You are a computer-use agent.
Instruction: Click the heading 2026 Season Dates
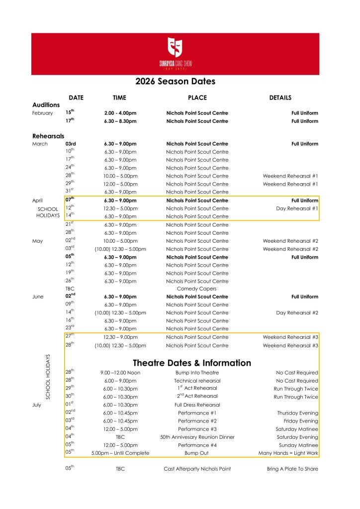coord(176,81)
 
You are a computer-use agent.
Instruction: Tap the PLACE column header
coord(197,98)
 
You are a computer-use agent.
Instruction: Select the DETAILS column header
coord(280,98)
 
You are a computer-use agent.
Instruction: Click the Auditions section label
coord(46,105)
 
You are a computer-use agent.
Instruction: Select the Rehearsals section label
coord(48,136)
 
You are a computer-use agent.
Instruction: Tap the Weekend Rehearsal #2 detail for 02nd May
coord(290,241)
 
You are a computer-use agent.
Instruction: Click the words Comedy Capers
coord(197,289)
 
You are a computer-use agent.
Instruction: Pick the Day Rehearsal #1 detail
coord(297,208)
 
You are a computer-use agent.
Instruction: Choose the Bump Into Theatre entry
coord(197,373)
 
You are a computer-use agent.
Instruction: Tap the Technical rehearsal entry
coord(197,381)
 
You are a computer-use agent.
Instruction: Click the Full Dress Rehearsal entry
coord(197,405)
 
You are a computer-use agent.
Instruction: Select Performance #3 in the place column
coord(197,429)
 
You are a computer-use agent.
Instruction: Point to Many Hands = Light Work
coord(288,453)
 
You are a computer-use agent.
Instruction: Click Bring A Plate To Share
coord(292,469)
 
